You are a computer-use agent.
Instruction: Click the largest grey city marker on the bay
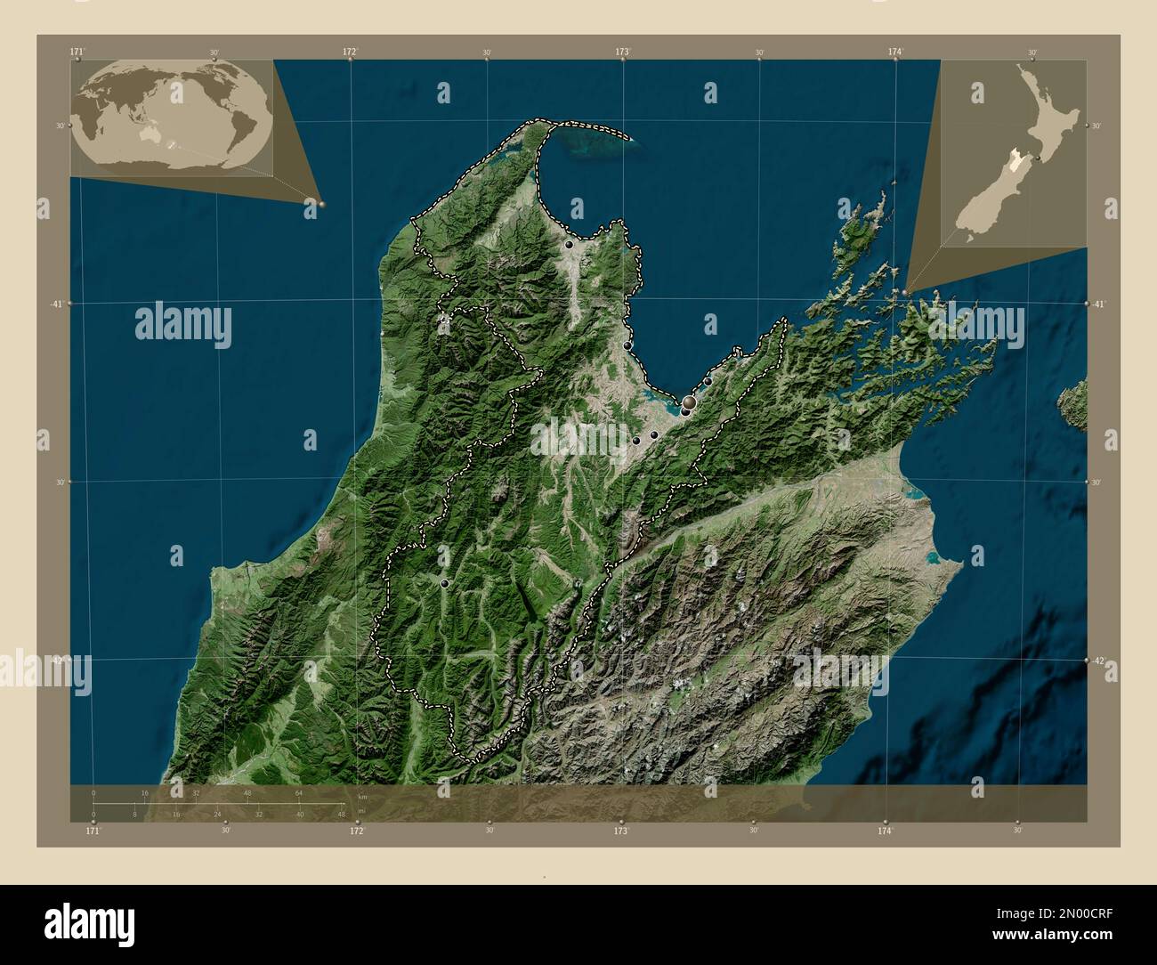[689, 403]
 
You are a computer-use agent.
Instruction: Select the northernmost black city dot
[569, 244]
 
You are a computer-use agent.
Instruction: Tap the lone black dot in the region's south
[444, 582]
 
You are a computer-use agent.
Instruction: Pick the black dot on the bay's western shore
[627, 345]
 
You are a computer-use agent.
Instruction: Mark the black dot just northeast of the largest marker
[708, 382]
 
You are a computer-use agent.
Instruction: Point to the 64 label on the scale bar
[300, 792]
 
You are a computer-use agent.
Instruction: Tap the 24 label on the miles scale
[217, 814]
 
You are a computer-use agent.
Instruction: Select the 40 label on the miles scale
[300, 814]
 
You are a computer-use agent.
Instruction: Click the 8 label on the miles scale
[134, 814]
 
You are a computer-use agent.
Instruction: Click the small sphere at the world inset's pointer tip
[322, 204]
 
